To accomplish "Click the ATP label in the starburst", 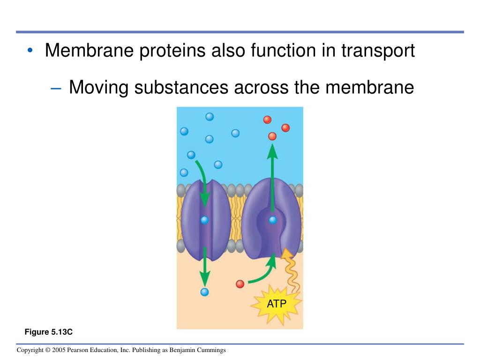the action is click(277, 304).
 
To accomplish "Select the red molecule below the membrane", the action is click(240, 284).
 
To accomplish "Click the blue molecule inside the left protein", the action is click(204, 219).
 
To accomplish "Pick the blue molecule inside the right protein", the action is click(272, 219).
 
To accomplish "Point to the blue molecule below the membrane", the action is click(204, 292).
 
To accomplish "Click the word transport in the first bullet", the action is click(378, 51).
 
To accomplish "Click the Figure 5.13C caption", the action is click(49, 332).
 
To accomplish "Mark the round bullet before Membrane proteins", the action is click(30, 51).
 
